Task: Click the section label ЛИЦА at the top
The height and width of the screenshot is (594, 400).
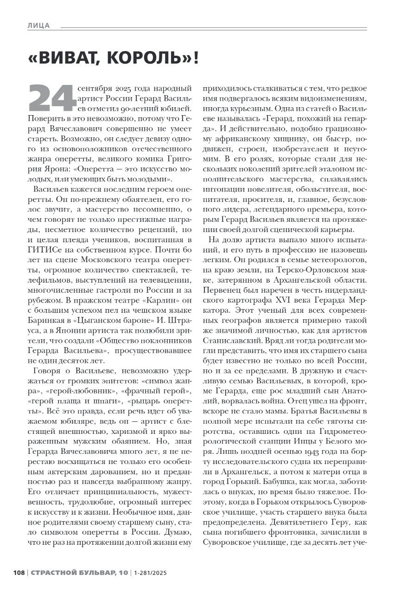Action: pyautogui.click(x=38, y=26)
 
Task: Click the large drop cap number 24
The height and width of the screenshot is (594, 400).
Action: pyautogui.click(x=51, y=98)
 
